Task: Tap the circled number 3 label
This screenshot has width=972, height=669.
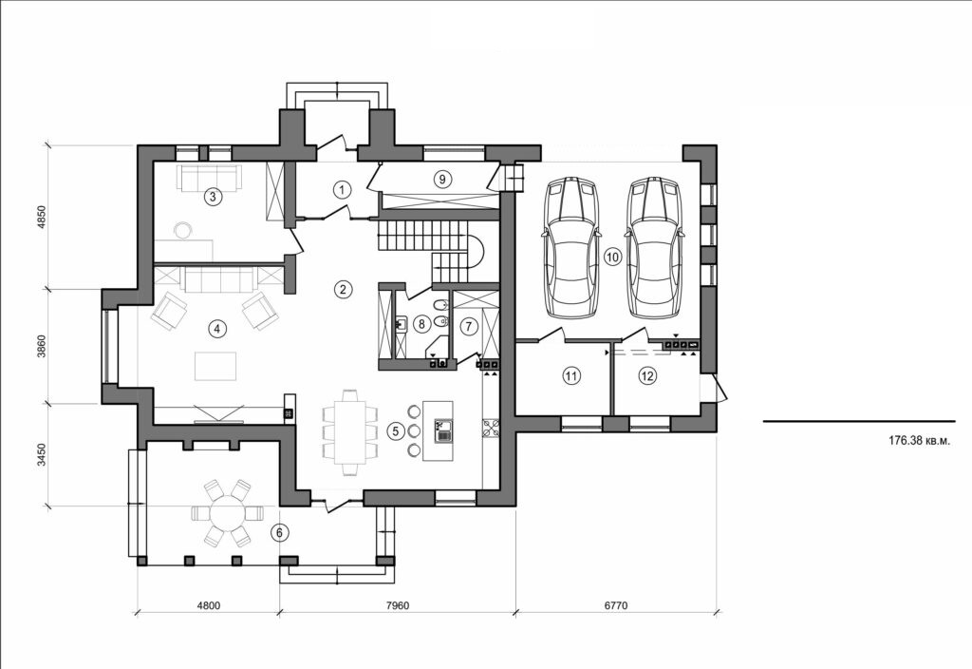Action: point(214,197)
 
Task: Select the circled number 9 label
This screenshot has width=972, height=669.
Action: point(440,178)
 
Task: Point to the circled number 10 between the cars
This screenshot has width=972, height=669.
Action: point(612,257)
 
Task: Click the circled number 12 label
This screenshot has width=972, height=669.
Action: point(647,376)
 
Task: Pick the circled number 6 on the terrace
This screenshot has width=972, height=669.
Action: point(279,533)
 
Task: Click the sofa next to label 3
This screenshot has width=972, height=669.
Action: point(206,176)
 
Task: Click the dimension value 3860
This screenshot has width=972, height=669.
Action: point(42,347)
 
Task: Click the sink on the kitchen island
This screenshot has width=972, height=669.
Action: point(441,437)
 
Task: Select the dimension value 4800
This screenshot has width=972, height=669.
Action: point(208,604)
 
